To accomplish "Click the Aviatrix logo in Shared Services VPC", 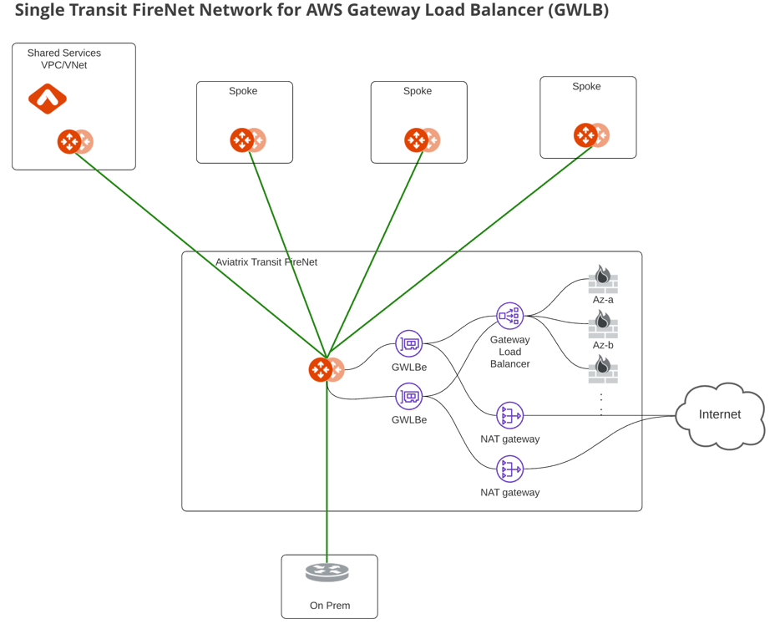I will pos(48,99).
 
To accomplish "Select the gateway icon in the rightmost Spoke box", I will pos(590,134).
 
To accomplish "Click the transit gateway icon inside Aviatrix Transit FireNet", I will pos(325,369).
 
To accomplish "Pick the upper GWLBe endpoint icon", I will pos(408,343).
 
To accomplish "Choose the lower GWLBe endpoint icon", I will pos(408,396).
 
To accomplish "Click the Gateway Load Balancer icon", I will pos(509,316).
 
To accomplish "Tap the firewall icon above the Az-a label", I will pos(602,277).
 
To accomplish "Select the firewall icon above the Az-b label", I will pos(602,323).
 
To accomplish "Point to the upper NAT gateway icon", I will pos(509,415).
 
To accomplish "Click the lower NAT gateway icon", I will pos(509,469).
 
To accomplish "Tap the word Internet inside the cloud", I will pos(719,414).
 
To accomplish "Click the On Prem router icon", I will pos(327,572).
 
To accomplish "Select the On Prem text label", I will pos(330,606).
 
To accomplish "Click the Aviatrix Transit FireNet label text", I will pos(266,262).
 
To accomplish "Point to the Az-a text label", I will pos(602,300).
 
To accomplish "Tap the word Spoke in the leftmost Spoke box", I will pos(243,91).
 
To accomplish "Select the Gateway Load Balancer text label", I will pos(509,352).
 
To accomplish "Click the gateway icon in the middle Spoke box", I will pos(420,139).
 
